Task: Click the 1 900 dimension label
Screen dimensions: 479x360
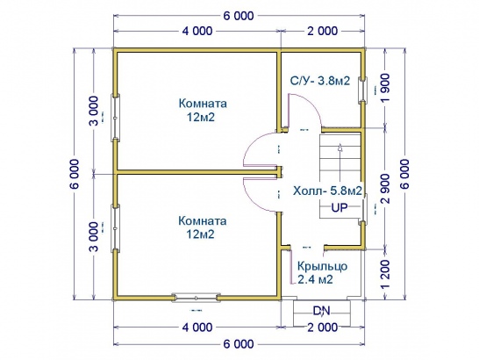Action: click(x=386, y=89)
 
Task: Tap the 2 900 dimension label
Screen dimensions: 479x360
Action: click(x=386, y=189)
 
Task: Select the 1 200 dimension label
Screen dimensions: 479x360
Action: click(x=386, y=274)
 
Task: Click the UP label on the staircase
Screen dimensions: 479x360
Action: click(x=340, y=208)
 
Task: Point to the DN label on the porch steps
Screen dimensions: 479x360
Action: click(x=322, y=311)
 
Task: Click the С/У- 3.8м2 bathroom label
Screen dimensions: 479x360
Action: click(x=320, y=81)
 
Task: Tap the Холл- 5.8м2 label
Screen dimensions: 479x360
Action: click(x=327, y=191)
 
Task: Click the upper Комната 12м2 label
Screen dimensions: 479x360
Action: click(x=203, y=110)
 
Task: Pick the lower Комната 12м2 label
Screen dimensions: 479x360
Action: click(x=203, y=227)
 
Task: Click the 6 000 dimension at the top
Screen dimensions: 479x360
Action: click(x=239, y=16)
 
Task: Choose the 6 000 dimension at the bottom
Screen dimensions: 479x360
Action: click(x=239, y=344)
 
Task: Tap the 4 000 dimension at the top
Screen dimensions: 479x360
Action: click(x=197, y=31)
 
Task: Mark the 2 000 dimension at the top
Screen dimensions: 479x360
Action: click(x=323, y=31)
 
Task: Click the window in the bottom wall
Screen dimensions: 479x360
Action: click(x=196, y=298)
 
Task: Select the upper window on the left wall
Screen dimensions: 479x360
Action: click(x=115, y=118)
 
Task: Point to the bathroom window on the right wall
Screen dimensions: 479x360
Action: click(x=362, y=90)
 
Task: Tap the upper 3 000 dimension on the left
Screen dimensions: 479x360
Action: click(x=95, y=111)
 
